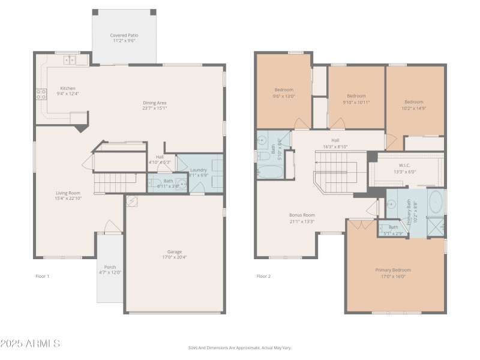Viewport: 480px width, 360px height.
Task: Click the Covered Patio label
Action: [x=124, y=35]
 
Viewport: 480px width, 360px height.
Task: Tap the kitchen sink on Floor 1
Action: [x=71, y=59]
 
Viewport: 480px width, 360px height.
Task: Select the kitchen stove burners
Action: [x=41, y=94]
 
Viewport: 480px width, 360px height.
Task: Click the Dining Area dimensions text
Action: [x=154, y=109]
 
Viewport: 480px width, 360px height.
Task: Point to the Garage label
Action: [x=175, y=251]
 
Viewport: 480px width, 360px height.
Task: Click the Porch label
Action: [x=110, y=267]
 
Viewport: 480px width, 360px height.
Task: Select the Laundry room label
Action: [x=199, y=170]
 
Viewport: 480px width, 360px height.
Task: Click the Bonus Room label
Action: [x=302, y=215]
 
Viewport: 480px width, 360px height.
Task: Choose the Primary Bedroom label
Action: [x=393, y=270]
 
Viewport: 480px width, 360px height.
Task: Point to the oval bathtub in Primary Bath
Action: [x=436, y=202]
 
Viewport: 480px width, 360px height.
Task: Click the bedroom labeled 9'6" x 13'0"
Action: [x=284, y=90]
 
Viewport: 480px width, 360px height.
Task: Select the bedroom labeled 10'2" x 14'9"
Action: [x=413, y=102]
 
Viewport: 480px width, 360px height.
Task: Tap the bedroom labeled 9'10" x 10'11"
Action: [x=356, y=96]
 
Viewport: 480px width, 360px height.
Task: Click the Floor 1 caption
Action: [x=42, y=276]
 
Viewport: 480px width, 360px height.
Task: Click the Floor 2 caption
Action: [x=263, y=276]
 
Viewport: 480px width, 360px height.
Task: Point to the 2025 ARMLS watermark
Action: [x=30, y=344]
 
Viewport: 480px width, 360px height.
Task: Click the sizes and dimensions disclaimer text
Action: [x=239, y=347]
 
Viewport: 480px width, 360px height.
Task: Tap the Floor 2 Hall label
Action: [x=335, y=140]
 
